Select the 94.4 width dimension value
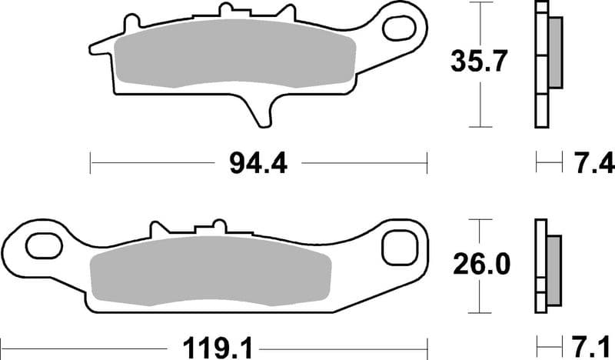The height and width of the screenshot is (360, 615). [x=258, y=162]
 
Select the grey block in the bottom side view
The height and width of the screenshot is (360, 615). [x=553, y=265]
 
